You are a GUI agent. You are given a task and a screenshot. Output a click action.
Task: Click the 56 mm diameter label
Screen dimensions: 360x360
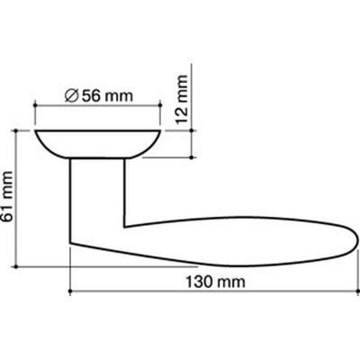click(x=99, y=96)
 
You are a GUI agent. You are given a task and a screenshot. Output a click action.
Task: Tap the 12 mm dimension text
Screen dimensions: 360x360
click(x=182, y=100)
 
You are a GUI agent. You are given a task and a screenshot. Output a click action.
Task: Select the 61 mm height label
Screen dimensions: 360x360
click(x=7, y=196)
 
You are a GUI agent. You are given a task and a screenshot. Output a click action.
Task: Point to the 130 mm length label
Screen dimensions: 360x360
click(x=215, y=282)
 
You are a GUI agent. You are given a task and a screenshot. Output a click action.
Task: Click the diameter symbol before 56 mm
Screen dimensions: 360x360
click(x=72, y=96)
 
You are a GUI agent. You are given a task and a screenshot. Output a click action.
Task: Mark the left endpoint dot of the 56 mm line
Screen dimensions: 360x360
click(x=35, y=105)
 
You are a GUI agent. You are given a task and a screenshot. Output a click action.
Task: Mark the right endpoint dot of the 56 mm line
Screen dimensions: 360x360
click(x=160, y=105)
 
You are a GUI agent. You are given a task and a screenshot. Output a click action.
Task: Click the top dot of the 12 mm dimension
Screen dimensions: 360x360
click(x=192, y=130)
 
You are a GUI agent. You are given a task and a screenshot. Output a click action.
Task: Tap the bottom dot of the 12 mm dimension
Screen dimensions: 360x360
click(x=192, y=157)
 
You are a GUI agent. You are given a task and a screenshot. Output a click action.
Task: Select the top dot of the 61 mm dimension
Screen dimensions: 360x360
click(x=16, y=130)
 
